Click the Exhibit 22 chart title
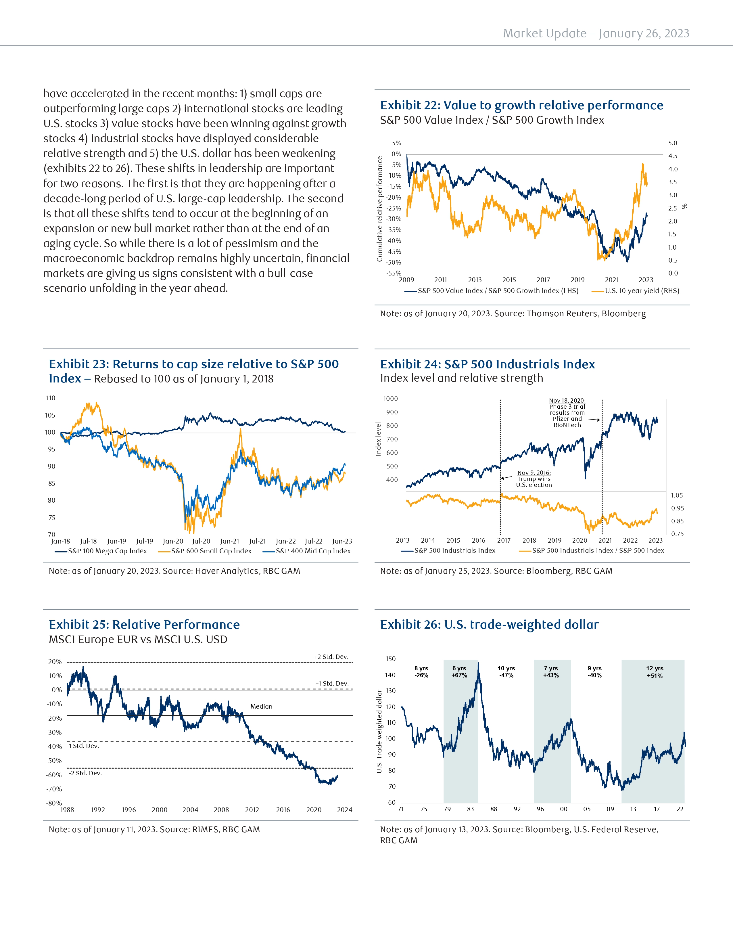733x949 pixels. pyautogui.click(x=521, y=105)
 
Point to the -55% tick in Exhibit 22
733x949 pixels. pyautogui.click(x=394, y=273)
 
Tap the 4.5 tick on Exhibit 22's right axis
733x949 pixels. pyautogui.click(x=673, y=156)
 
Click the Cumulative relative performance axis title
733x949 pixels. pyautogui.click(x=379, y=209)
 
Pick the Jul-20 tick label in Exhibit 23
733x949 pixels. pyautogui.click(x=201, y=541)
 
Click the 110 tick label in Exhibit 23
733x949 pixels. pyautogui.click(x=51, y=398)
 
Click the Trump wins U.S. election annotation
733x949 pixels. pyautogui.click(x=534, y=479)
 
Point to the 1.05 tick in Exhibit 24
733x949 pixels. pyautogui.click(x=677, y=495)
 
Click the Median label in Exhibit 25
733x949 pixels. pyautogui.click(x=261, y=707)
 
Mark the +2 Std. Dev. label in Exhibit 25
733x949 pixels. pyautogui.click(x=331, y=657)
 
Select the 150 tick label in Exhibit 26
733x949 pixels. pyautogui.click(x=390, y=659)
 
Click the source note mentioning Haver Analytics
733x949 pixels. pyautogui.click(x=174, y=571)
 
